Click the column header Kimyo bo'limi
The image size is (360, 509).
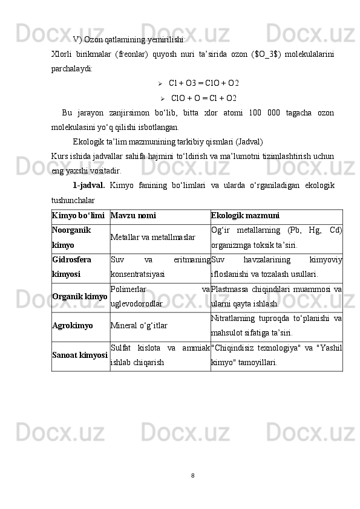[x=79, y=215]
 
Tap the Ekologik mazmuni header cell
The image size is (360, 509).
[x=245, y=215]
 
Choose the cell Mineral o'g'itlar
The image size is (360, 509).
[x=139, y=326]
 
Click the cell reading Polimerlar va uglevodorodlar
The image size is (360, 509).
[x=160, y=297]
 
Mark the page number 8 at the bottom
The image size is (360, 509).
[x=192, y=475]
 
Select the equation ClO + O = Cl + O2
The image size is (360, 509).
[x=204, y=98]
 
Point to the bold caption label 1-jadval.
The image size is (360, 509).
[x=89, y=185]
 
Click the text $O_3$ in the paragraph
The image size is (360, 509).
[x=265, y=55]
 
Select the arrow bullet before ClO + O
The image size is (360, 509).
[x=163, y=98]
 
